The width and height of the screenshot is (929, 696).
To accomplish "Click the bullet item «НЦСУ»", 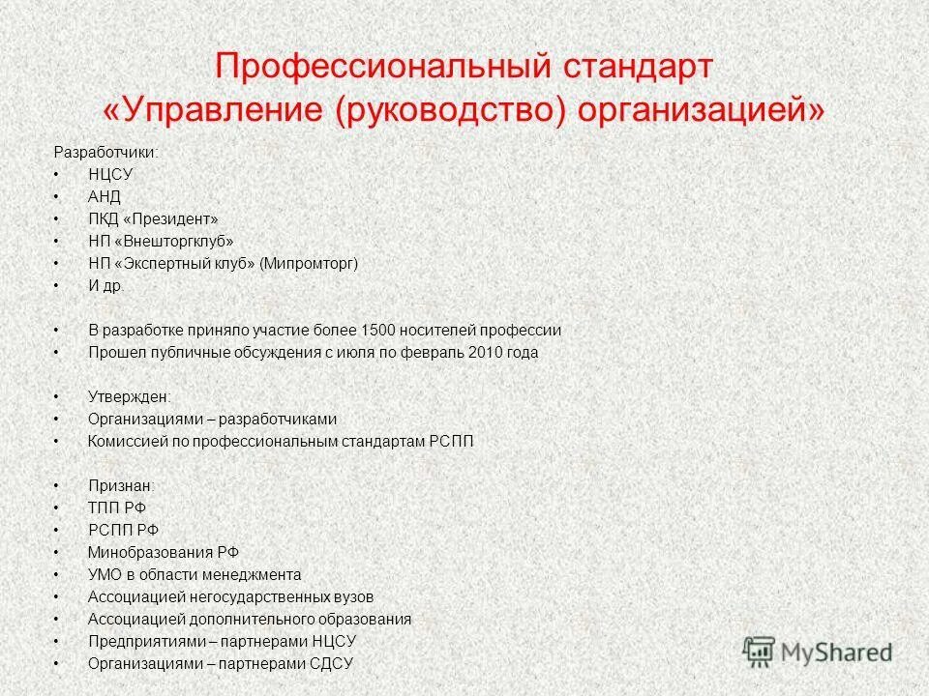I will [109, 174].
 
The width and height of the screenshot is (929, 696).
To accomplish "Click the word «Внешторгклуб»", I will [177, 241].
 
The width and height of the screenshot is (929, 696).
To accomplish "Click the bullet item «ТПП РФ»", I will [116, 507].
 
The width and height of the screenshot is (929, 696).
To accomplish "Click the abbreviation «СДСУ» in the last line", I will [331, 663].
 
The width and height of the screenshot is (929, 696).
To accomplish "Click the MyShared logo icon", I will [760, 651].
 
